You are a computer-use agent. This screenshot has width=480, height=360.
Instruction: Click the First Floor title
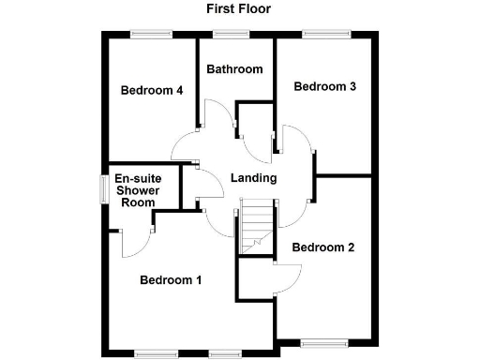tap(239, 8)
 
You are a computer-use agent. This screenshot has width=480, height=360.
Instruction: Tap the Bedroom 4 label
tap(151, 91)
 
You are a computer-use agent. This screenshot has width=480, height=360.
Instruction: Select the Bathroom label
tap(234, 69)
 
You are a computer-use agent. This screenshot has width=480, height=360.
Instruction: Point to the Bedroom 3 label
tap(324, 87)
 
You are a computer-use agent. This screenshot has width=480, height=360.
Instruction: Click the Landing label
tap(253, 178)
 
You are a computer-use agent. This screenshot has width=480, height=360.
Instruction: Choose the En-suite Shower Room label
tap(136, 190)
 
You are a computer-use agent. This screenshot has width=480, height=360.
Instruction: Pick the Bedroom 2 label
tap(322, 248)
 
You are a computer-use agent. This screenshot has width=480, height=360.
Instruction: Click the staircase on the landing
tap(256, 227)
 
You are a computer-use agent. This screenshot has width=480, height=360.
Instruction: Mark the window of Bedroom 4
tap(151, 35)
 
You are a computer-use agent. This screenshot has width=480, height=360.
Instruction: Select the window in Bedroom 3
tap(324, 35)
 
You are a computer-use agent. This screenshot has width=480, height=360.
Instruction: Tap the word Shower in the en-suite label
tap(136, 190)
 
